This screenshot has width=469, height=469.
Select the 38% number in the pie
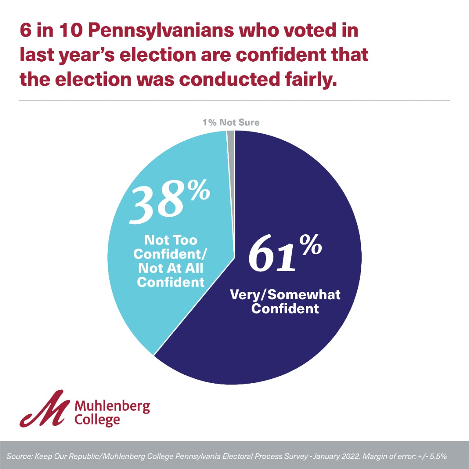click(157, 202)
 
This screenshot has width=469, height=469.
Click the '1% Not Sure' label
click(231, 122)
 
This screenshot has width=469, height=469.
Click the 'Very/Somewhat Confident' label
click(285, 301)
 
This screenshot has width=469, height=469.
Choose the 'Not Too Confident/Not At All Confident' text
click(170, 261)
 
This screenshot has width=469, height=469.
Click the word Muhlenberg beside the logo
click(112, 406)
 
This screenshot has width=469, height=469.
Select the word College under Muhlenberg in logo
click(97, 420)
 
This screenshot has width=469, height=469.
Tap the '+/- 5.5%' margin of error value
click(432, 456)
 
